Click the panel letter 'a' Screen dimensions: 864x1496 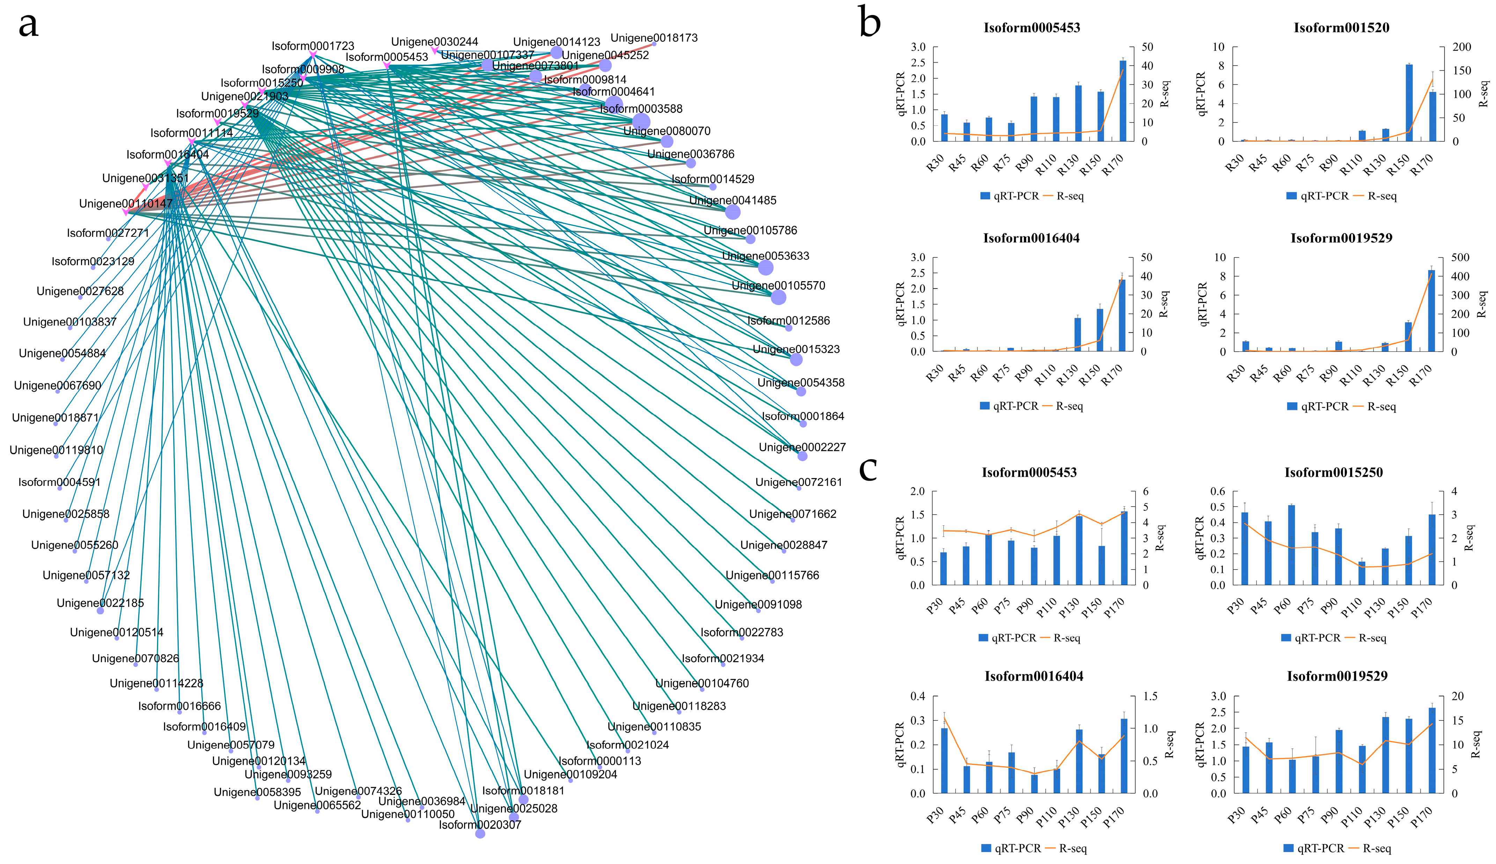tap(29, 25)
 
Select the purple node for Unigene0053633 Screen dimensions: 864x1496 tap(765, 268)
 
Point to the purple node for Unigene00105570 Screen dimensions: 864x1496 tap(778, 297)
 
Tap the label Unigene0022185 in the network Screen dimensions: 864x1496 tap(100, 603)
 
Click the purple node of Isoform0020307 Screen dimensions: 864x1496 tap(480, 834)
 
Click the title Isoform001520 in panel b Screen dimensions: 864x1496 tap(1341, 27)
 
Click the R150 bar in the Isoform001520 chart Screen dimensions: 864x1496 tap(1409, 103)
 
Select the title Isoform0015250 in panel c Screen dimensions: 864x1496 tap(1333, 473)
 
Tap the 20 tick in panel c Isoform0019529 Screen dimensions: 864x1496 tap(1458, 696)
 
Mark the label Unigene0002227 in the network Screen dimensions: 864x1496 tap(802, 447)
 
